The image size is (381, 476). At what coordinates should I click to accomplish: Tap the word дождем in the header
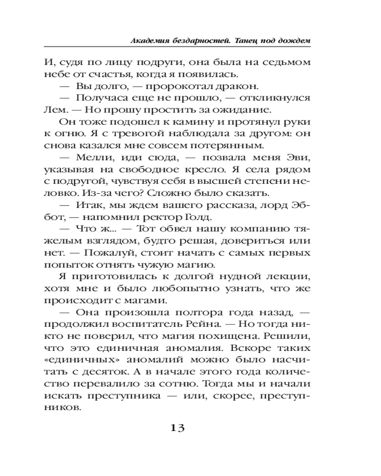point(295,41)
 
